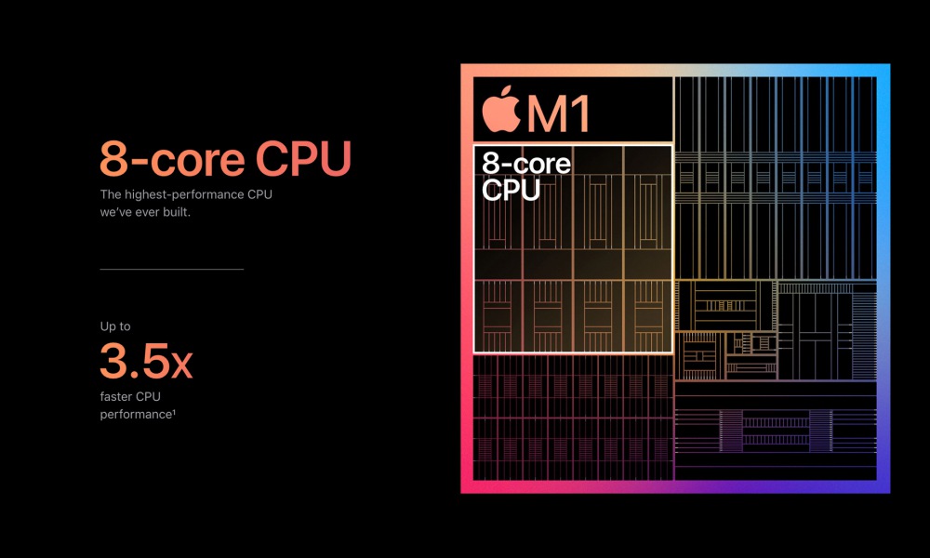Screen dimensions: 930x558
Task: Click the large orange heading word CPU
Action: point(303,158)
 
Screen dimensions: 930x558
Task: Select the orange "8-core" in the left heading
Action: point(172,158)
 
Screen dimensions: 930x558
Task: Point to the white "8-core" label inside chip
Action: point(526,163)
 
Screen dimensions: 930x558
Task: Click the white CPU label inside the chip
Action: point(511,190)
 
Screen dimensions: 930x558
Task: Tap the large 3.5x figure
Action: point(146,361)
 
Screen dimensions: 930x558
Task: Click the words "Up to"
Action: point(115,326)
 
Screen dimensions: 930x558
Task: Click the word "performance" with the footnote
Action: point(136,415)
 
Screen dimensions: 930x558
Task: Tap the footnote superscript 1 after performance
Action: point(175,412)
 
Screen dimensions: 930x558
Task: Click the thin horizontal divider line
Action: point(172,269)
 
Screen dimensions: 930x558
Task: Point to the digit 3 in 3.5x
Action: point(113,361)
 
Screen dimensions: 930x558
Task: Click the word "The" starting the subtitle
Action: point(111,194)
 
